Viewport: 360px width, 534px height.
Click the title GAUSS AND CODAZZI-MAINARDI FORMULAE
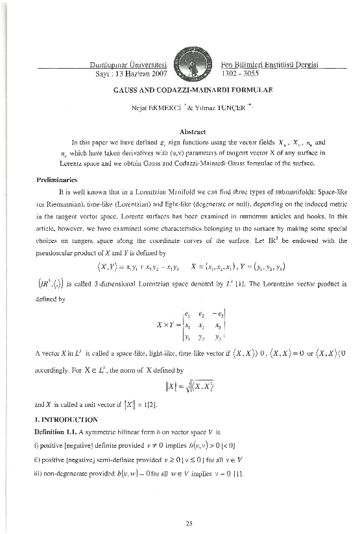coord(179,90)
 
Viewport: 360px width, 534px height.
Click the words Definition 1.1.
coord(58,421)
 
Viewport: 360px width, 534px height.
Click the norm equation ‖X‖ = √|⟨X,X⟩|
coord(179,387)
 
